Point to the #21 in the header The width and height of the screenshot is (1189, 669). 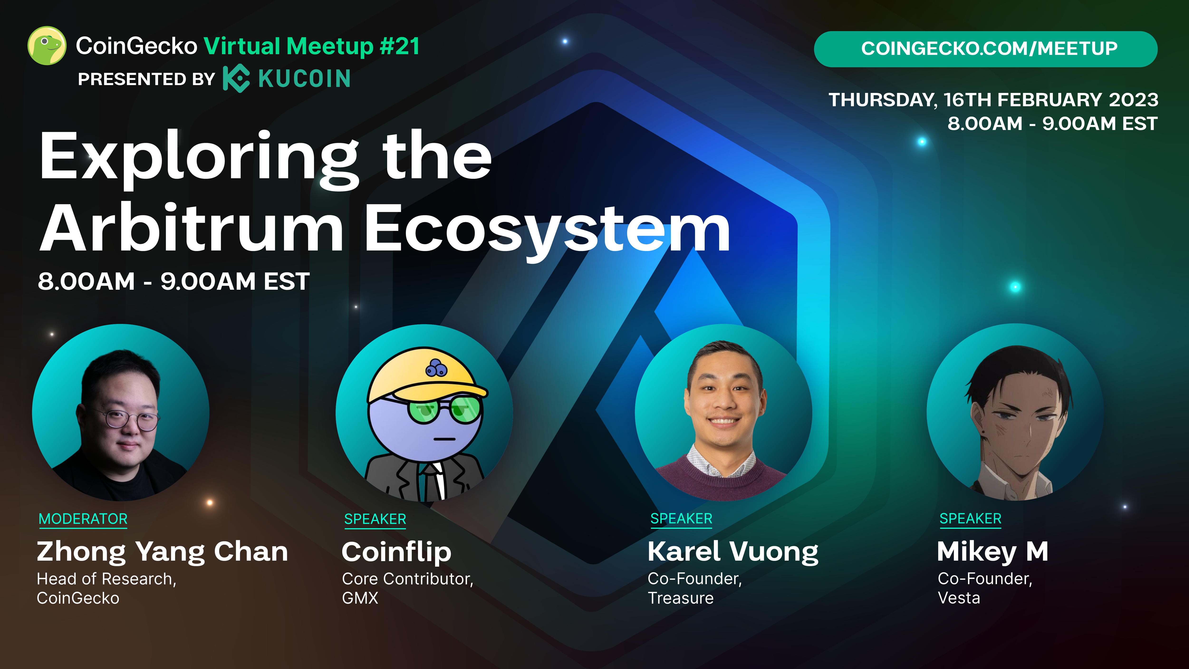pos(400,46)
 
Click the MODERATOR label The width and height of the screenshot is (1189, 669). pos(83,519)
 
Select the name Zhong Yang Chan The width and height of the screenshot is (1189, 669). pos(163,552)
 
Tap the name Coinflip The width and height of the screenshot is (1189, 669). pos(396,552)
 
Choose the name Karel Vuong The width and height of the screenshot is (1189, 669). pos(733,552)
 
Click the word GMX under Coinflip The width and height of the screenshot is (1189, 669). pos(360,598)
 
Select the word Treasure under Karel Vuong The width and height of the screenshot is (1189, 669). pos(681,598)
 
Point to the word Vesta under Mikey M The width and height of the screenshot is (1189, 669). pos(959,598)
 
